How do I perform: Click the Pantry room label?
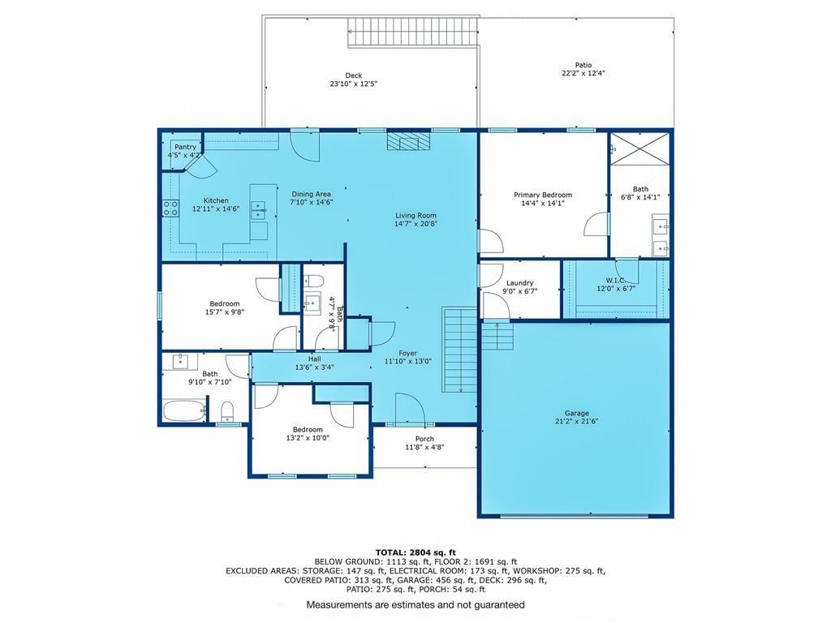point(186,147)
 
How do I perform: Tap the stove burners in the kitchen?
point(170,208)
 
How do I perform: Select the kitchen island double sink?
point(258,210)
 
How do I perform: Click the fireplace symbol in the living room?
point(407,141)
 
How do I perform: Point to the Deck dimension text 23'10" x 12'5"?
point(354,84)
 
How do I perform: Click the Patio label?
point(583,65)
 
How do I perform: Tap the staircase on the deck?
point(413,32)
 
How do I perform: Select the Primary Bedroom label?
point(543,195)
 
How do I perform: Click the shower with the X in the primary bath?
point(639,149)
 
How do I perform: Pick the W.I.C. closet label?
point(615,280)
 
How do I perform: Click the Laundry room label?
point(519,283)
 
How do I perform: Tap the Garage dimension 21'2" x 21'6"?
point(577,422)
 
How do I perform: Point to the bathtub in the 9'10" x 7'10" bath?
point(184,410)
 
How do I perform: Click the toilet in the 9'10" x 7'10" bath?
point(227,411)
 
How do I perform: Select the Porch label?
point(424,439)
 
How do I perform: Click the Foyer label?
point(408,354)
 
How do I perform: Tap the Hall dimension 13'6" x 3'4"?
point(314,367)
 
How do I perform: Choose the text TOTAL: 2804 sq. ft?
point(415,552)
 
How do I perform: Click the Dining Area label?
point(311,194)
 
